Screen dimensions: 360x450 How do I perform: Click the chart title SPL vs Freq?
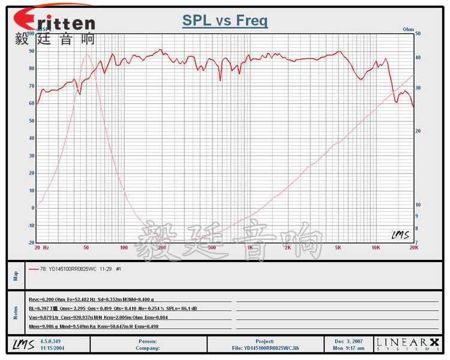pyautogui.click(x=225, y=21)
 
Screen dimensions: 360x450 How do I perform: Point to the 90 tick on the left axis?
pyautogui.click(x=31, y=51)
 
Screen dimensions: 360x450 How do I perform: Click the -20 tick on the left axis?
pyautogui.click(x=30, y=243)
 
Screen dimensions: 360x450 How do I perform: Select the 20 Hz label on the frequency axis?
pyautogui.click(x=41, y=247)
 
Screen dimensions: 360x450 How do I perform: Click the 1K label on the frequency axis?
pyautogui.click(x=249, y=247)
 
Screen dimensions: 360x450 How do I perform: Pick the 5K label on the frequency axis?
pyautogui.click(x=338, y=247)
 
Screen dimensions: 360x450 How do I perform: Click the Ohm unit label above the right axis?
pyautogui.click(x=409, y=29)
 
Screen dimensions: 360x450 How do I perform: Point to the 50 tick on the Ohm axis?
pyautogui.click(x=418, y=34)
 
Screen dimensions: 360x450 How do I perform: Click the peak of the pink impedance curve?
pyautogui.click(x=86, y=55)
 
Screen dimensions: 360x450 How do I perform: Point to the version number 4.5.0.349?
pyautogui.click(x=52, y=341)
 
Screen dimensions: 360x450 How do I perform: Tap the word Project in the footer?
pyautogui.click(x=265, y=341)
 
